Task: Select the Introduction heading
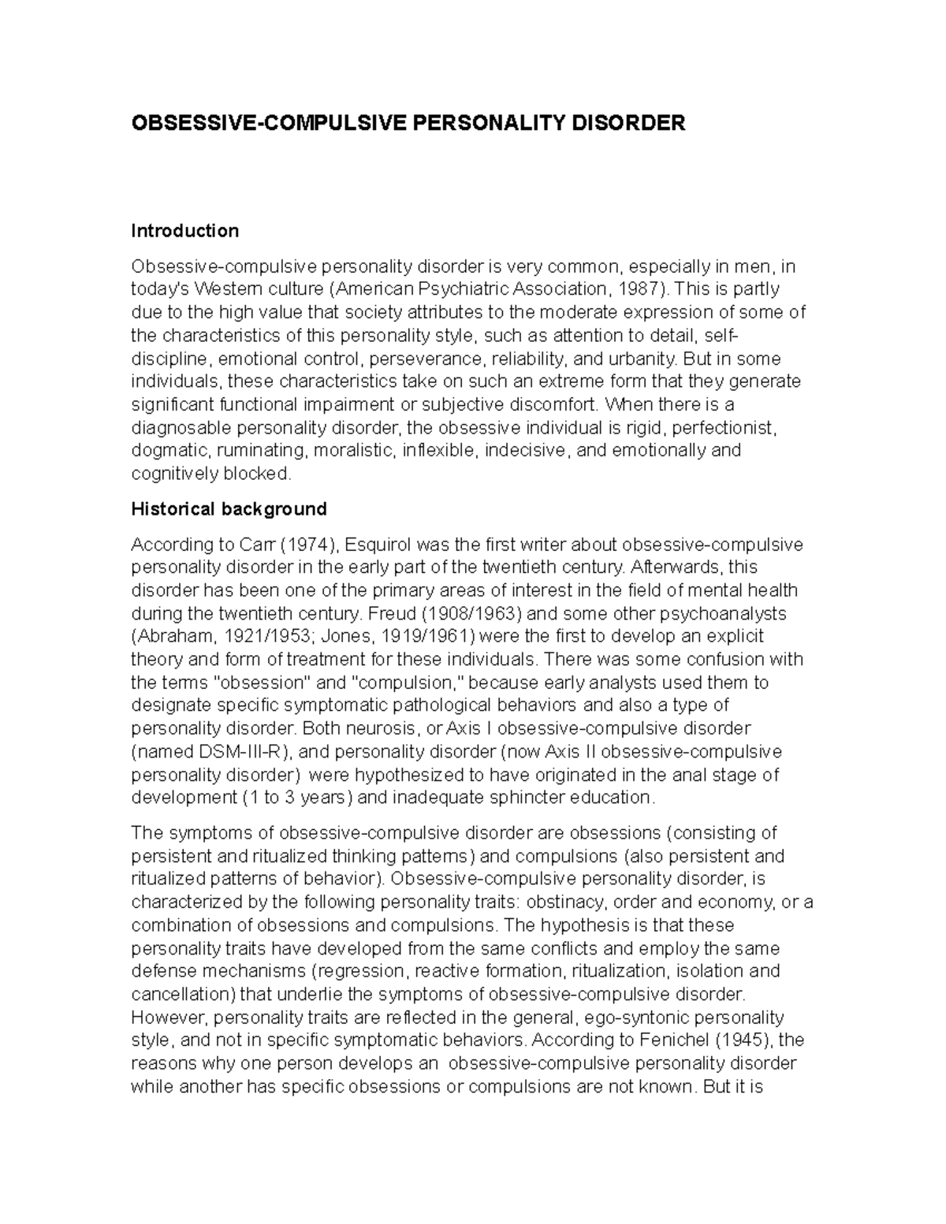[x=184, y=231]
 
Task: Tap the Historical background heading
[x=229, y=509]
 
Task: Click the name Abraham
[x=169, y=636]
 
